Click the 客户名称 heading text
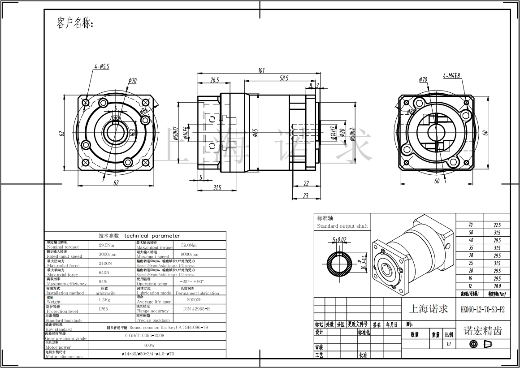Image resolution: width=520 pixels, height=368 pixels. coord(75,23)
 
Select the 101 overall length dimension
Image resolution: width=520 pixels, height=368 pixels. coord(261,70)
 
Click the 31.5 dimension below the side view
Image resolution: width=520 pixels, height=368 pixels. coord(217,188)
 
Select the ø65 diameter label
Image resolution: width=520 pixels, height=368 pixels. coord(255,133)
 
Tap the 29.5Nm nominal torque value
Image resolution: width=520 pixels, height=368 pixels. coord(107,245)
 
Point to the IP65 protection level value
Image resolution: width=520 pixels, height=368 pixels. coord(103,309)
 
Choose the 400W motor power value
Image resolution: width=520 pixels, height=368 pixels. coord(149,346)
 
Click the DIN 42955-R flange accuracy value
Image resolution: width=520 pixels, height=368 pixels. coord(197,309)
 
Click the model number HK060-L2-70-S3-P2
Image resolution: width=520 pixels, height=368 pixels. coord(482,309)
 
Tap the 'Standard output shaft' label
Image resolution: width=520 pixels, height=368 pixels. coord(342,226)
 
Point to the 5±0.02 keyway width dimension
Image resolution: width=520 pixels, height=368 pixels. coord(339,240)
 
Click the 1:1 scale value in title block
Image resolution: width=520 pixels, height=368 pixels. coord(448,345)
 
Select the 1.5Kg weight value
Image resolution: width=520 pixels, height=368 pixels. coord(104,299)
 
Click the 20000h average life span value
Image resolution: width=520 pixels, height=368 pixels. coord(195,299)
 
